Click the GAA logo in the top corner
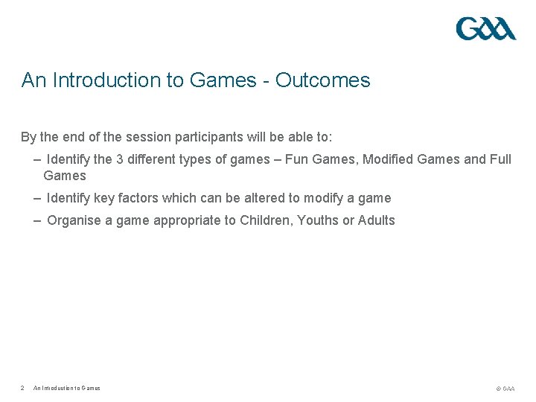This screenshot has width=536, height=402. [485, 28]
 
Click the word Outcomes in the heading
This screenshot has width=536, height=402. [322, 80]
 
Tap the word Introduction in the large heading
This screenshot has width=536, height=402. [106, 80]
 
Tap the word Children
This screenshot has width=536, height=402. [265, 220]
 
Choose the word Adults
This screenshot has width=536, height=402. [377, 220]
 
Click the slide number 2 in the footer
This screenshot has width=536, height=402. [23, 388]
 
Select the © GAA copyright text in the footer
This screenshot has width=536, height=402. [505, 389]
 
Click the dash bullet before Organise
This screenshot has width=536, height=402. [37, 220]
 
